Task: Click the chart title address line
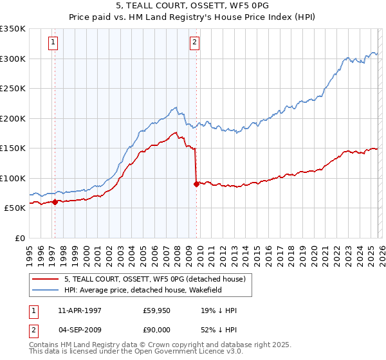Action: [x=193, y=5]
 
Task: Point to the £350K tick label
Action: [x=13, y=29]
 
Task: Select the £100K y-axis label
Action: [x=13, y=178]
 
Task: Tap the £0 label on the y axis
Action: [x=19, y=238]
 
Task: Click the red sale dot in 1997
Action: [x=55, y=202]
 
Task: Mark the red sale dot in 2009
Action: [x=196, y=184]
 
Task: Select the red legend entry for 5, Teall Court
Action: [x=154, y=280]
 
